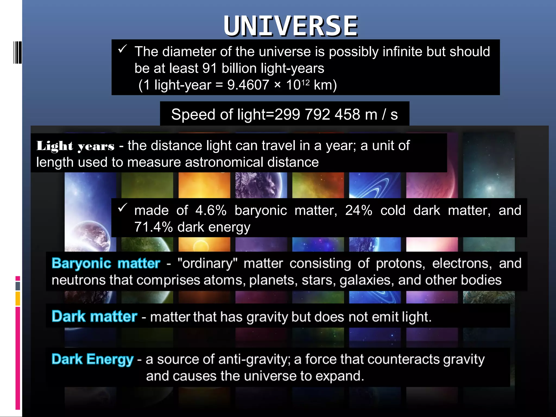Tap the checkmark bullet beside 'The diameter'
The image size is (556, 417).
point(122,49)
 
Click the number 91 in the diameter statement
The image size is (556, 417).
point(210,68)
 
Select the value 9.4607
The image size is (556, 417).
point(248,85)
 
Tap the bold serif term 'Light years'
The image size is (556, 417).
point(75,146)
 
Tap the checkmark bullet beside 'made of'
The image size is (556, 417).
point(122,208)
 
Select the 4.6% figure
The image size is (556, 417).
point(211,210)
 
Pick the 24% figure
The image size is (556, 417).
point(359,210)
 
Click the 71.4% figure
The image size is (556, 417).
point(153,227)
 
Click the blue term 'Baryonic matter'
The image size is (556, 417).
point(106,263)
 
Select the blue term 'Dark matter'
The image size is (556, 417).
point(94,317)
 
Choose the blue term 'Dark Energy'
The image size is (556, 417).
point(92,359)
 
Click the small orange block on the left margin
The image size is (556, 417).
point(18,298)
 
